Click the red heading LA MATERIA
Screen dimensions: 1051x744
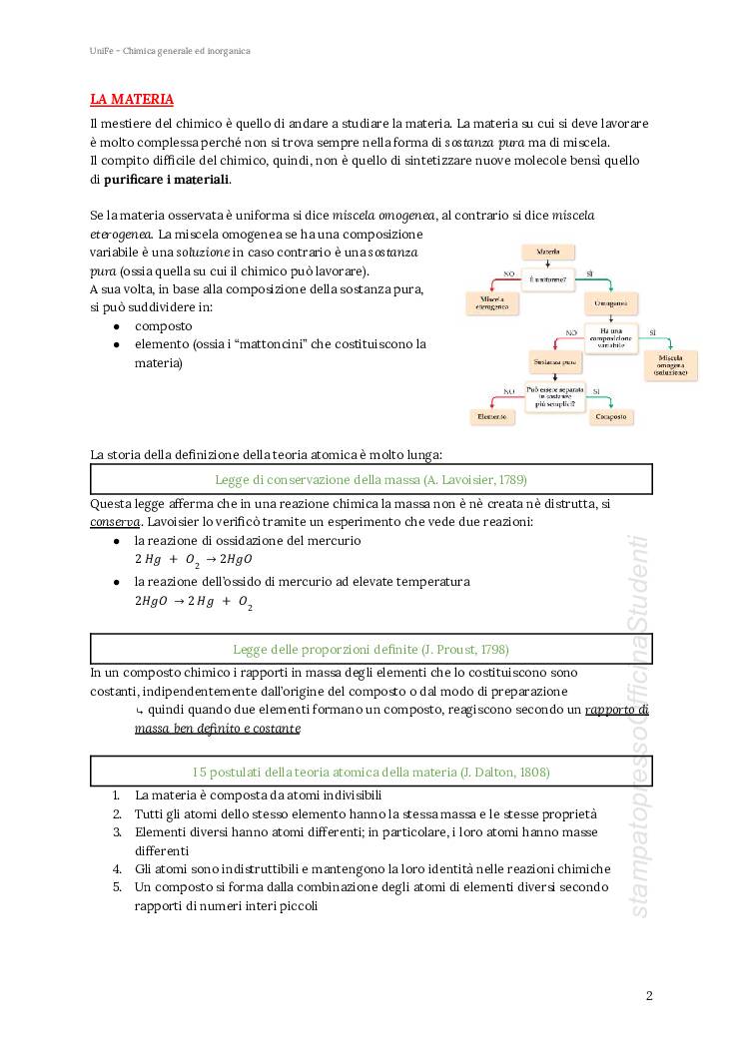[x=132, y=99]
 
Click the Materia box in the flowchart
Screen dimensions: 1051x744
[x=547, y=252]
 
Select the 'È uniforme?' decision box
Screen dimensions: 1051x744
[x=547, y=278]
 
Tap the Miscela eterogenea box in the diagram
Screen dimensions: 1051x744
[x=492, y=303]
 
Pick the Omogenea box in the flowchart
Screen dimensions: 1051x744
[x=610, y=303]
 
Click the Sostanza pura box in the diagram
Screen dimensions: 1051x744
[x=554, y=361]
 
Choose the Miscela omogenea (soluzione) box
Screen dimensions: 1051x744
[x=670, y=364]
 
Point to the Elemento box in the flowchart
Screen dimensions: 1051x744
[x=492, y=415]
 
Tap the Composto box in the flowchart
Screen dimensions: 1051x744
[x=610, y=415]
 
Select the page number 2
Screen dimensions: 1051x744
[x=649, y=995]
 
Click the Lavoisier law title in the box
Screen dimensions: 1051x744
[x=371, y=479]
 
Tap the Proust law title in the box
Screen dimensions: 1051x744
[x=371, y=649]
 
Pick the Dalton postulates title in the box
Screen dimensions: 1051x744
[x=371, y=772]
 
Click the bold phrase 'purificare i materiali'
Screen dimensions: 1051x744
[x=167, y=180]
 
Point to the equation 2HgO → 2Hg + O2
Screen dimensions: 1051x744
[x=194, y=602]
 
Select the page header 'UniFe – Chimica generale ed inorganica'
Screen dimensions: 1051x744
[x=169, y=50]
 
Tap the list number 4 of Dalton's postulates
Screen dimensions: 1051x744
[x=117, y=868]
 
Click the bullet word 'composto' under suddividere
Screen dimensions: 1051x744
[x=164, y=325]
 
